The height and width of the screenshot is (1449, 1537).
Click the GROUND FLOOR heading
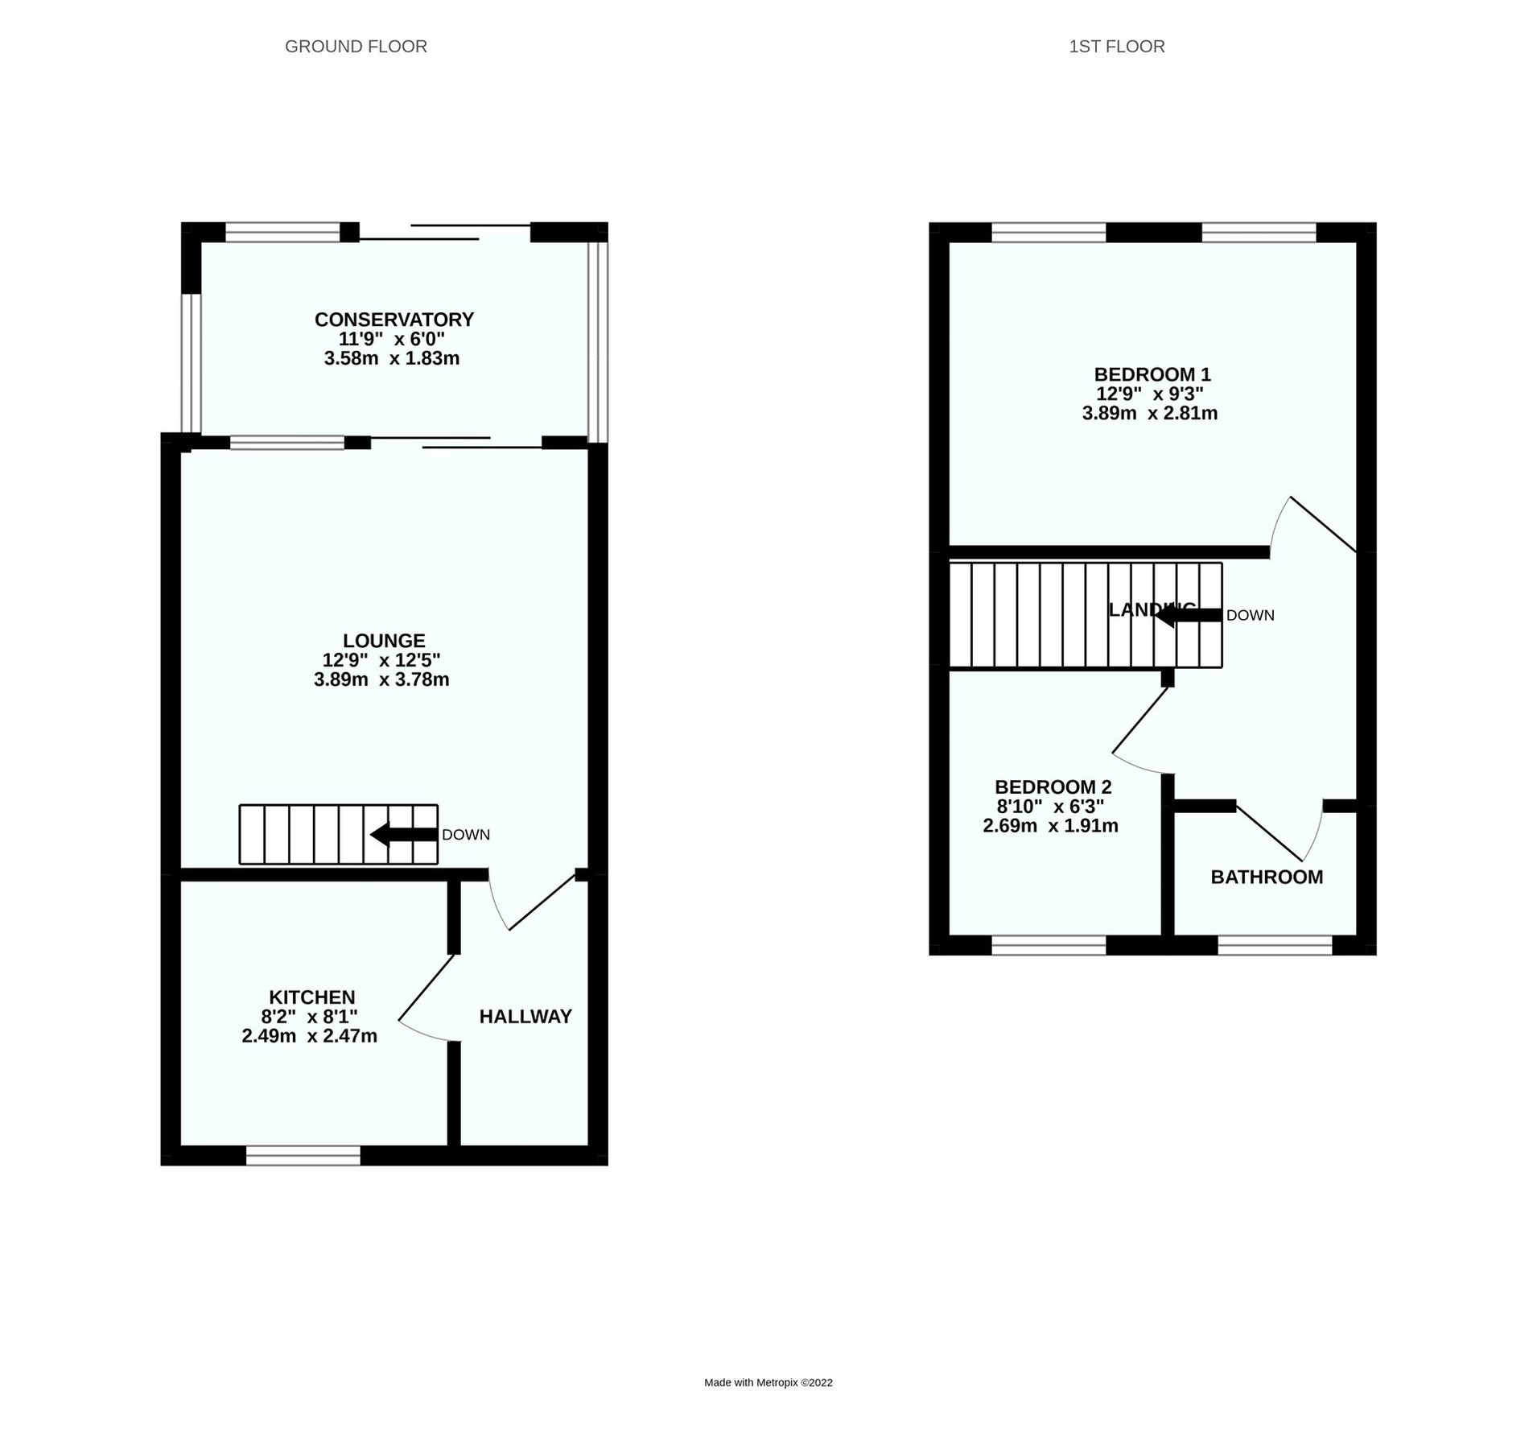point(356,47)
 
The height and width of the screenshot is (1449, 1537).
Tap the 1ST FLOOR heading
point(1116,47)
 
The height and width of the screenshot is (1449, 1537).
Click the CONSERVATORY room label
point(394,320)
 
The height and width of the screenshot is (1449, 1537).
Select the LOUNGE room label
point(383,641)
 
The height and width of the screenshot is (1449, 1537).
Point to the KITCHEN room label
point(311,997)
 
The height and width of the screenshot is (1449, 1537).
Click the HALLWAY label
point(525,1017)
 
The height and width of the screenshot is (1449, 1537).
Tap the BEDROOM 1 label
point(1152,374)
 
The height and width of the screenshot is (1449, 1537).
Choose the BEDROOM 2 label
point(1053,787)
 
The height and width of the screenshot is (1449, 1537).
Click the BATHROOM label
point(1266,877)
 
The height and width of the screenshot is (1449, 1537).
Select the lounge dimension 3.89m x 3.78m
point(381,679)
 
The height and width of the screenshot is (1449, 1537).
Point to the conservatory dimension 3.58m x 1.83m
point(391,359)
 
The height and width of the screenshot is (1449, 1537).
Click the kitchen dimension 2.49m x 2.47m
point(309,1036)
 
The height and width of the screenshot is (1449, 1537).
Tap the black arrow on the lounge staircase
point(403,835)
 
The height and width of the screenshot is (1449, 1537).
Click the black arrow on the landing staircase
point(1188,615)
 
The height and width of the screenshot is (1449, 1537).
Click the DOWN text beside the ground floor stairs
point(465,835)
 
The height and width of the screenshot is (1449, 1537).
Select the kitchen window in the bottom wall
point(303,1156)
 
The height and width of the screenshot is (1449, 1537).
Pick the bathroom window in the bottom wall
point(1275,945)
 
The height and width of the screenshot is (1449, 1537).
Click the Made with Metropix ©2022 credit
point(768,1383)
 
